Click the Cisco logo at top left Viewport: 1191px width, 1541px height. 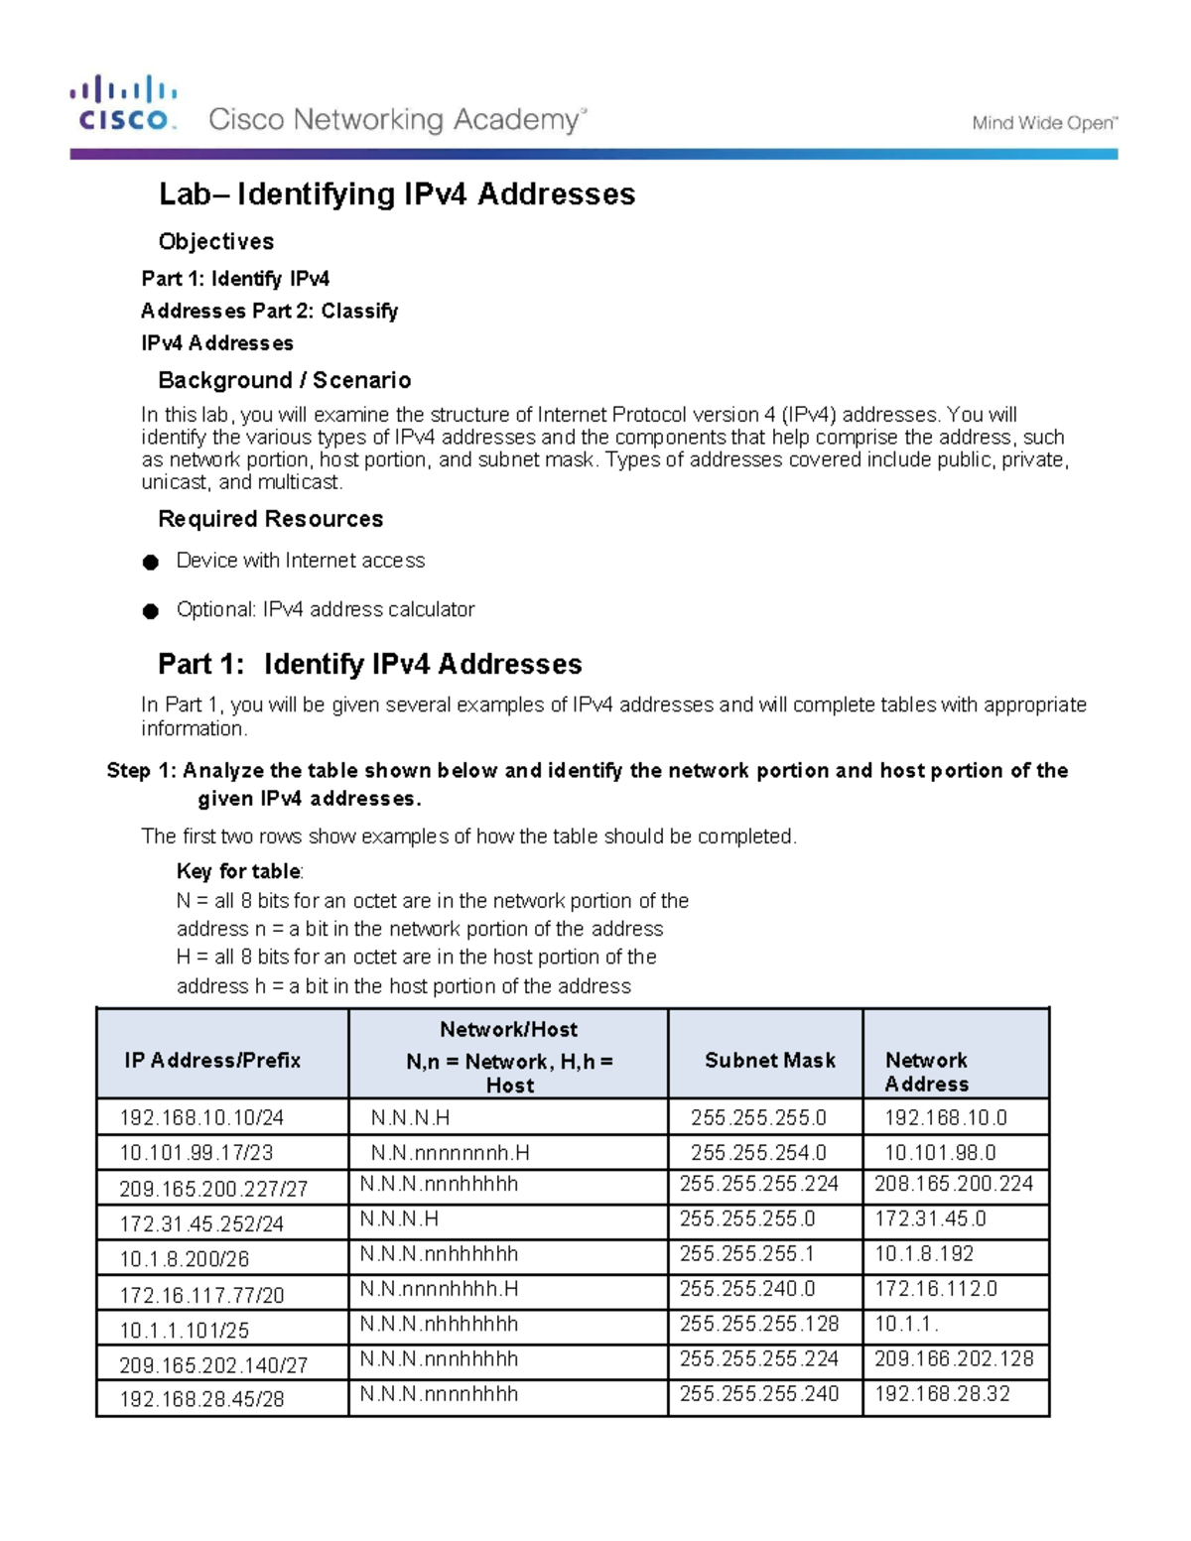[x=123, y=103]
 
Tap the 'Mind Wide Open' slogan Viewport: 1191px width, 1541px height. [x=1044, y=123]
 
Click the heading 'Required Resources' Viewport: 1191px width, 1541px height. [x=270, y=519]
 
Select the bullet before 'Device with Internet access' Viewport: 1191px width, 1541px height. [x=151, y=563]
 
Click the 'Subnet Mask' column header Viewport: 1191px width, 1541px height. [x=769, y=1060]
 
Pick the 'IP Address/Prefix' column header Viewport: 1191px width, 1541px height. [x=212, y=1060]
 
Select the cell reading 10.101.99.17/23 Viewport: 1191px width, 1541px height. [x=197, y=1152]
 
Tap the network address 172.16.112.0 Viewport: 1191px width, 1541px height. [x=935, y=1289]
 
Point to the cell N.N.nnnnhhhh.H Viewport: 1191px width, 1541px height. [x=439, y=1289]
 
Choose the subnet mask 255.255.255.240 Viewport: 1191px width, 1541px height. [x=758, y=1394]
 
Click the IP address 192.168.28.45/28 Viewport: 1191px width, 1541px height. [x=201, y=1399]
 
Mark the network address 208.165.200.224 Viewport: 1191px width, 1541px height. [x=953, y=1184]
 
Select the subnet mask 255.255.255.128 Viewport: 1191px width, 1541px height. [x=758, y=1324]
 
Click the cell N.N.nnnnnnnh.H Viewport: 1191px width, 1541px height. [x=450, y=1152]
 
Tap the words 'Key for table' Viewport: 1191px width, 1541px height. [x=238, y=871]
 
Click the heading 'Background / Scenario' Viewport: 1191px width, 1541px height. [x=284, y=380]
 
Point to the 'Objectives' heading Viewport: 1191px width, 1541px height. [x=215, y=241]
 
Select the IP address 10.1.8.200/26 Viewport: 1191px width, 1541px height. [x=184, y=1259]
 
